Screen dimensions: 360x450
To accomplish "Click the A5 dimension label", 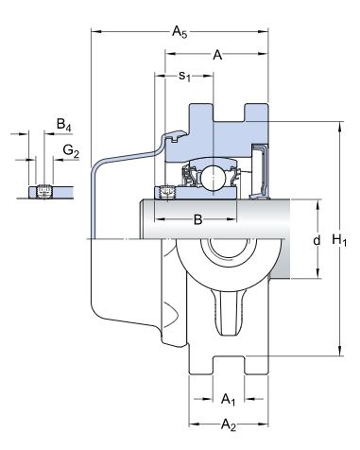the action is click(x=180, y=32).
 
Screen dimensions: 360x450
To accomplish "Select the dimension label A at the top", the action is click(x=217, y=55).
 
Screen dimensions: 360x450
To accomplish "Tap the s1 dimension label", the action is click(x=185, y=76).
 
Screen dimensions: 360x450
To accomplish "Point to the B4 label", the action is click(x=63, y=125).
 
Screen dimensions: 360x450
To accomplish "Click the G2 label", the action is click(x=71, y=150).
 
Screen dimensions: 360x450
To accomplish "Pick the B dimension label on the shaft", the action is click(x=197, y=219).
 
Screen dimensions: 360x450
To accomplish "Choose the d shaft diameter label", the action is click(x=317, y=240).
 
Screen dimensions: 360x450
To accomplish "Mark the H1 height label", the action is click(x=339, y=240).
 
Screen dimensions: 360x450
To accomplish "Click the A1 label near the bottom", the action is click(x=228, y=399).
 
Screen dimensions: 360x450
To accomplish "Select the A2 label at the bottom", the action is click(x=229, y=424).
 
